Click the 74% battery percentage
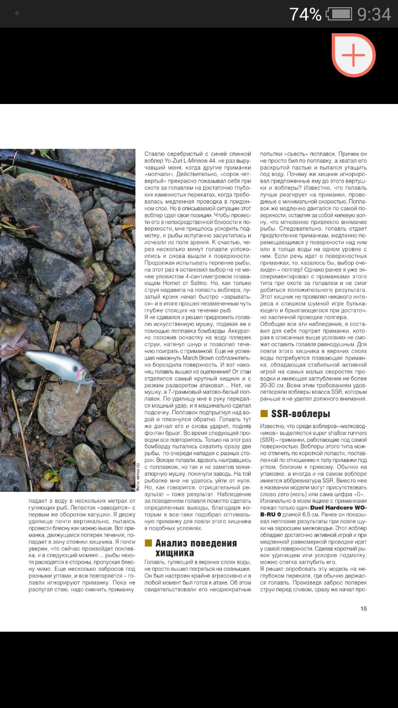[305, 14]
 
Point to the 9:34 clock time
[374, 14]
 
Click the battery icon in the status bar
[339, 14]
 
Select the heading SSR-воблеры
[301, 414]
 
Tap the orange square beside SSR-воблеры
[264, 414]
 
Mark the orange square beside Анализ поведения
[148, 543]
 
